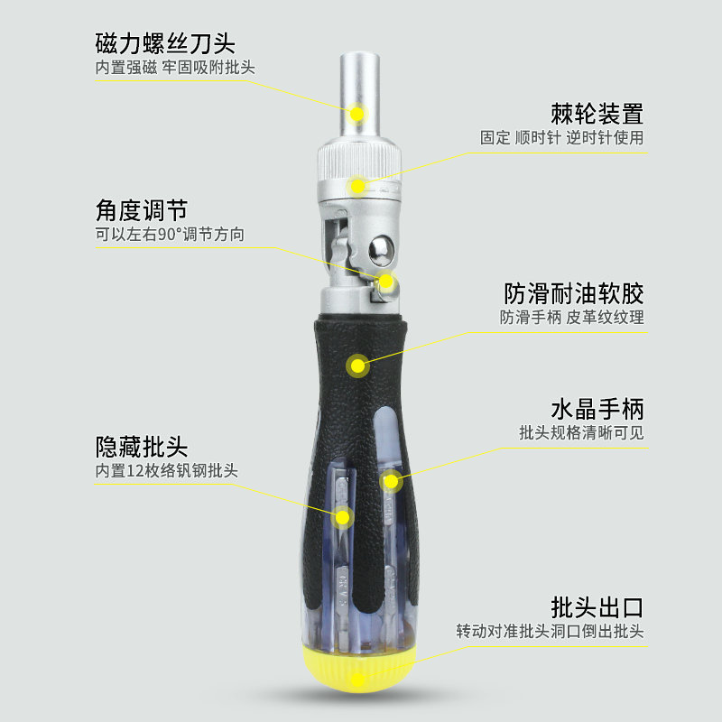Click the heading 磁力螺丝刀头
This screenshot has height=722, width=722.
(x=165, y=43)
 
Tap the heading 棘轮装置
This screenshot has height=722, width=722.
(x=597, y=114)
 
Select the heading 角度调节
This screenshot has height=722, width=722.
(x=142, y=210)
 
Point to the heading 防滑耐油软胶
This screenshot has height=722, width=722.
(x=574, y=294)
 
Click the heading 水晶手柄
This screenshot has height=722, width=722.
(x=597, y=410)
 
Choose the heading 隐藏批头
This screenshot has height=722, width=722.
(x=142, y=447)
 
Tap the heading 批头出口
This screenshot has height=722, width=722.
(x=597, y=607)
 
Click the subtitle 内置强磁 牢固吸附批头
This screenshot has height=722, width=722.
(x=175, y=68)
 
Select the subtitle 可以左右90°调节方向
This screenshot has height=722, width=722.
(x=170, y=235)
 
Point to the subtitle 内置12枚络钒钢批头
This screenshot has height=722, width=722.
(x=167, y=470)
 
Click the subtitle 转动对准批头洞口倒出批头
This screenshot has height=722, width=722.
(x=550, y=631)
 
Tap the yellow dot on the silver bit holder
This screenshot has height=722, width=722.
(x=356, y=114)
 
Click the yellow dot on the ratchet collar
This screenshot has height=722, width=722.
(x=357, y=186)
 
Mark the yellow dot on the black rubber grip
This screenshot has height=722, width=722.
(x=357, y=366)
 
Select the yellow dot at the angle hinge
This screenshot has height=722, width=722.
(x=386, y=282)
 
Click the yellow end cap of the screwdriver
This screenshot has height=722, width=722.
(x=358, y=669)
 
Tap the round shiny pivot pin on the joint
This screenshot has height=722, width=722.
(x=382, y=251)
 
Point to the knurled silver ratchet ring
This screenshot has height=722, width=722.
(x=359, y=163)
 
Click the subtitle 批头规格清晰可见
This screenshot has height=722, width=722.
(x=581, y=433)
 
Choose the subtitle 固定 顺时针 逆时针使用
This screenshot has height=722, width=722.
(x=561, y=138)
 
